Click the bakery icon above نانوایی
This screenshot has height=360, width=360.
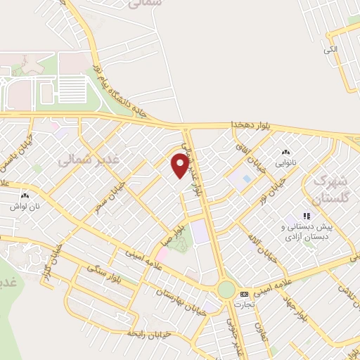[285, 153]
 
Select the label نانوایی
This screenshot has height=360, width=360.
[285, 162]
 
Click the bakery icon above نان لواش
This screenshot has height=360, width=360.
[25, 196]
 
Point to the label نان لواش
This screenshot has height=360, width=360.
[23, 207]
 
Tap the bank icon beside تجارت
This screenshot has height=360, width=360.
[244, 294]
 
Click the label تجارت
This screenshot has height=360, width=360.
[243, 304]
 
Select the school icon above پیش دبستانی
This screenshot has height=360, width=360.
[306, 216]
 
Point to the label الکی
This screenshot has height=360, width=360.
[330, 49]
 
